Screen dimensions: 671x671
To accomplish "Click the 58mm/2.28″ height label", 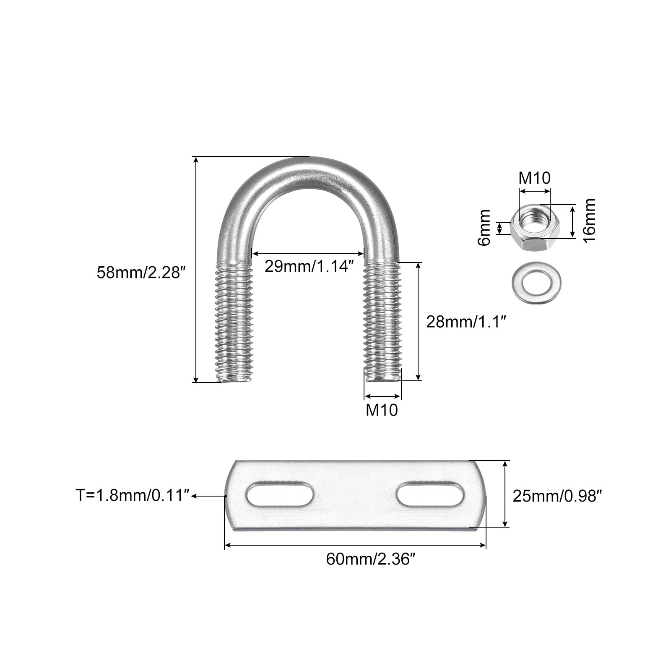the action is [141, 273].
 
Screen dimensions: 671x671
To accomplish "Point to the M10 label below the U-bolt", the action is [382, 410].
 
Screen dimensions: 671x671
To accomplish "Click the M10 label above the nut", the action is [535, 178].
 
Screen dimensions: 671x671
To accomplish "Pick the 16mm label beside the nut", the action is [589, 220].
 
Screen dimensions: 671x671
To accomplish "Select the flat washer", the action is [533, 283].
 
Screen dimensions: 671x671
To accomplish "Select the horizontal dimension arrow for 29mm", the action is [308, 253].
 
